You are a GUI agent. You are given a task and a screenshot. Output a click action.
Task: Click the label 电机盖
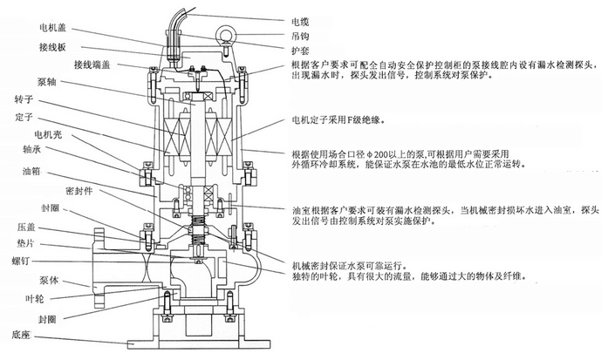click(53, 27)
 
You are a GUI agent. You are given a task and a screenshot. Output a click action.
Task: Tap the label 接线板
click(52, 47)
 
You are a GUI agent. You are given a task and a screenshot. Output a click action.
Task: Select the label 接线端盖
click(92, 65)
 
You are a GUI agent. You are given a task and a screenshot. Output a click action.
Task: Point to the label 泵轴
click(47, 82)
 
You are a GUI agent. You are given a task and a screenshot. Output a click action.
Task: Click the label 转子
click(24, 99)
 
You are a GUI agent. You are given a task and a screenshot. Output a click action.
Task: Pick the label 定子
click(24, 117)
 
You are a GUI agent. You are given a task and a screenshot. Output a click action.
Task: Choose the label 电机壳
click(48, 135)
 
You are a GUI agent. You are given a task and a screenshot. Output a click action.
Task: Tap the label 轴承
click(31, 149)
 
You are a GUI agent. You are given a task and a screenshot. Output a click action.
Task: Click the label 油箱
click(31, 171)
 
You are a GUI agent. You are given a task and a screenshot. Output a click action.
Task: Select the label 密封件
click(79, 191)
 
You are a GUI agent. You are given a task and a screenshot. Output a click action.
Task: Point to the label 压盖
click(26, 228)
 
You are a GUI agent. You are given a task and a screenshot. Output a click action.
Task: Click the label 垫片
click(25, 243)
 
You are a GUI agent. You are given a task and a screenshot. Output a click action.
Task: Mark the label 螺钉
click(21, 261)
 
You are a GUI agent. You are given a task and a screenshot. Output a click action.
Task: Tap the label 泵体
click(49, 281)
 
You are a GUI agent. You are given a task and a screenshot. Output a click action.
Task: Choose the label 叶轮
click(35, 299)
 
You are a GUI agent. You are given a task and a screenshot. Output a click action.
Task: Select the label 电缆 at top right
click(300, 22)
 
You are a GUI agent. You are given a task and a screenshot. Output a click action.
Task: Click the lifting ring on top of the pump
click(226, 34)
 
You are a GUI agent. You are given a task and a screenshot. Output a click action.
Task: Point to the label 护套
click(300, 51)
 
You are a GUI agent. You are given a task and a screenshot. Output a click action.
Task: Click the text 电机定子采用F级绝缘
click(338, 120)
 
